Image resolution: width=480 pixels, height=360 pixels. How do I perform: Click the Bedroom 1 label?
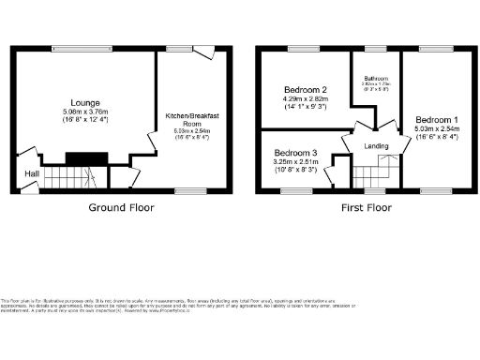pyautogui.click(x=437, y=120)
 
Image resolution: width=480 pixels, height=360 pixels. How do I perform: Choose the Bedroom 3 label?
pyautogui.click(x=295, y=152)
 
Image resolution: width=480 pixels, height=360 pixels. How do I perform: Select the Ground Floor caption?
pyautogui.click(x=121, y=207)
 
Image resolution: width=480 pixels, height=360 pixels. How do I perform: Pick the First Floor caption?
pyautogui.click(x=364, y=207)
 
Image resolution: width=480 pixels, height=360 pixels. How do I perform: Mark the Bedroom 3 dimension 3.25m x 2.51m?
pyautogui.click(x=295, y=162)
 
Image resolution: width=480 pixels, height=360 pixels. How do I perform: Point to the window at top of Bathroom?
pyautogui.click(x=376, y=47)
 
